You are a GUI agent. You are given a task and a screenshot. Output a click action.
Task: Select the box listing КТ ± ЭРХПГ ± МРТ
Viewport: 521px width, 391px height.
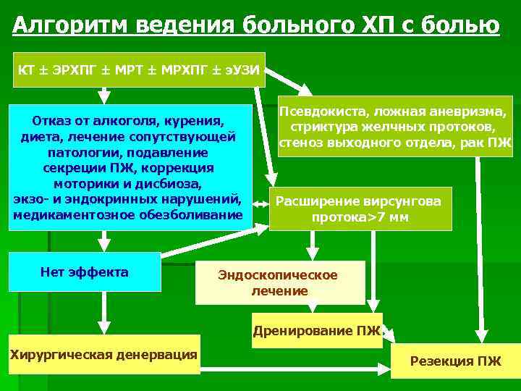139,70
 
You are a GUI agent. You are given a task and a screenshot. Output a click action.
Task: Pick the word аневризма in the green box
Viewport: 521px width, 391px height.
472,112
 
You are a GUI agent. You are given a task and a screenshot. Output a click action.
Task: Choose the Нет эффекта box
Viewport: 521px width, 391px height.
85,272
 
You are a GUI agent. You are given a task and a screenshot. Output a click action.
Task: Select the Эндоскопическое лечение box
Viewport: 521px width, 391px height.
279,282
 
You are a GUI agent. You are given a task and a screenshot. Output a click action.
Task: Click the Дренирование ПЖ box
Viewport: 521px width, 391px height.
316,332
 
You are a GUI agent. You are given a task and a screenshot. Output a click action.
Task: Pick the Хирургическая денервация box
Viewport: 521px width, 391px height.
103,354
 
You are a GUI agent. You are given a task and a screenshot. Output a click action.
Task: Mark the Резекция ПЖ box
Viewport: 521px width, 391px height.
455,361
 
